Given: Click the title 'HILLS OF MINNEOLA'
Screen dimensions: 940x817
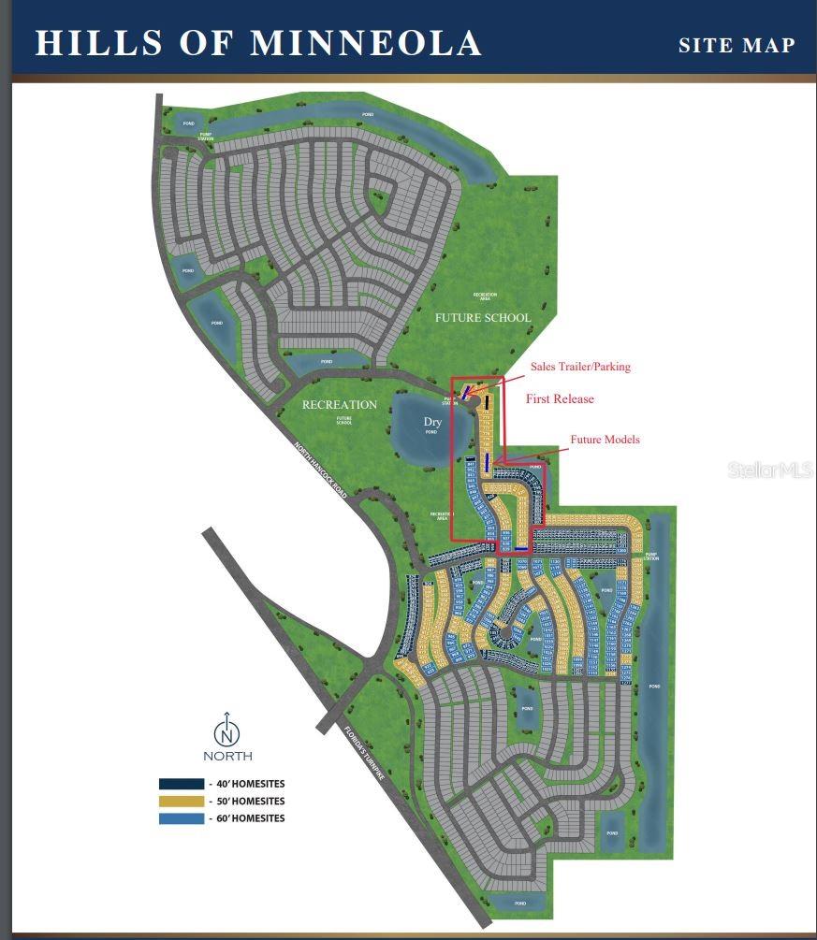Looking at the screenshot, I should click(x=257, y=43).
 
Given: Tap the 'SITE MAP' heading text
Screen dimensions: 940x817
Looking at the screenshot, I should click(x=737, y=45).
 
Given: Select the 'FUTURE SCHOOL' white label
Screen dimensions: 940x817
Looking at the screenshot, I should click(x=482, y=318).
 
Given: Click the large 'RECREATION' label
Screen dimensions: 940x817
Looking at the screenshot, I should click(x=340, y=405).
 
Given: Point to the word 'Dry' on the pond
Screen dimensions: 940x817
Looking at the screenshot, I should click(x=431, y=422).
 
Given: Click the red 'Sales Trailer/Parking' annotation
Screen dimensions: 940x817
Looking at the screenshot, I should click(x=580, y=367).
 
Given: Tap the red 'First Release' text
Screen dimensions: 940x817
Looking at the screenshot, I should click(x=560, y=398).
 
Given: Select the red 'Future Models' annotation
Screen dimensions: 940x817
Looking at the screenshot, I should click(x=605, y=440).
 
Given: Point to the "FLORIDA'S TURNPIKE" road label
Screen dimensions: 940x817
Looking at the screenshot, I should click(x=365, y=767).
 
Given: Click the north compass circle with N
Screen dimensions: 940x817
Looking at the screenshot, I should click(x=226, y=730).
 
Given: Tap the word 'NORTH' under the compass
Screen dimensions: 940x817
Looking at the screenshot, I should click(x=227, y=756).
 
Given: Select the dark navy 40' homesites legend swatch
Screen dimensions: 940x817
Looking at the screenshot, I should click(x=181, y=784).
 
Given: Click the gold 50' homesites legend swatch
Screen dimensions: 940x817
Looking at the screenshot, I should click(x=181, y=802).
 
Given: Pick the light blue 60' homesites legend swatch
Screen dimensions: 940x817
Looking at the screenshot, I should click(x=181, y=818).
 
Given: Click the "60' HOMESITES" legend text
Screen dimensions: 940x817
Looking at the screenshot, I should click(x=250, y=818).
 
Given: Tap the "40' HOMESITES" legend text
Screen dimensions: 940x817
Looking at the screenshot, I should click(x=250, y=784).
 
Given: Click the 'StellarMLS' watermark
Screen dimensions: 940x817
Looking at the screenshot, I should click(x=769, y=470).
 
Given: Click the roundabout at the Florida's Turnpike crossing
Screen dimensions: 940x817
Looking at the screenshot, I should click(x=371, y=668).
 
